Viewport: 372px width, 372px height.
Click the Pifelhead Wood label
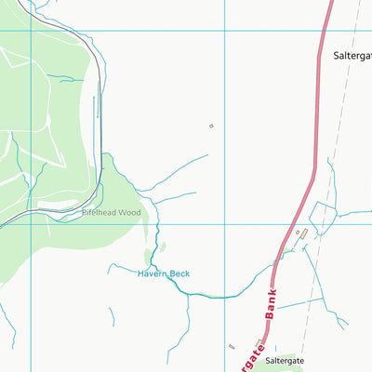click(x=111, y=213)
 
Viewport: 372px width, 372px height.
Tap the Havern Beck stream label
click(x=164, y=273)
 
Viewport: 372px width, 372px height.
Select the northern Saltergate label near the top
click(x=352, y=56)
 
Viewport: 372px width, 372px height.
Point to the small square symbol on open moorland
click(x=211, y=126)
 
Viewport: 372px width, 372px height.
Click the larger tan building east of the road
click(x=300, y=232)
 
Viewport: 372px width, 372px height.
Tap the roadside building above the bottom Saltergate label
click(x=259, y=343)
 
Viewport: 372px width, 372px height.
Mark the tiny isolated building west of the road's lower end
click(x=232, y=346)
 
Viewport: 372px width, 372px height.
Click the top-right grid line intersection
click(x=224, y=31)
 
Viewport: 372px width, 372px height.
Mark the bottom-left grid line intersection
click(x=31, y=223)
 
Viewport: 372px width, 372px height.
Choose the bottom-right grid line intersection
click(x=224, y=223)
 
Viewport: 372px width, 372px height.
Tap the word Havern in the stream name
click(x=152, y=273)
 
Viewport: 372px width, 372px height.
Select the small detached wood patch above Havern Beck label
click(x=150, y=256)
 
